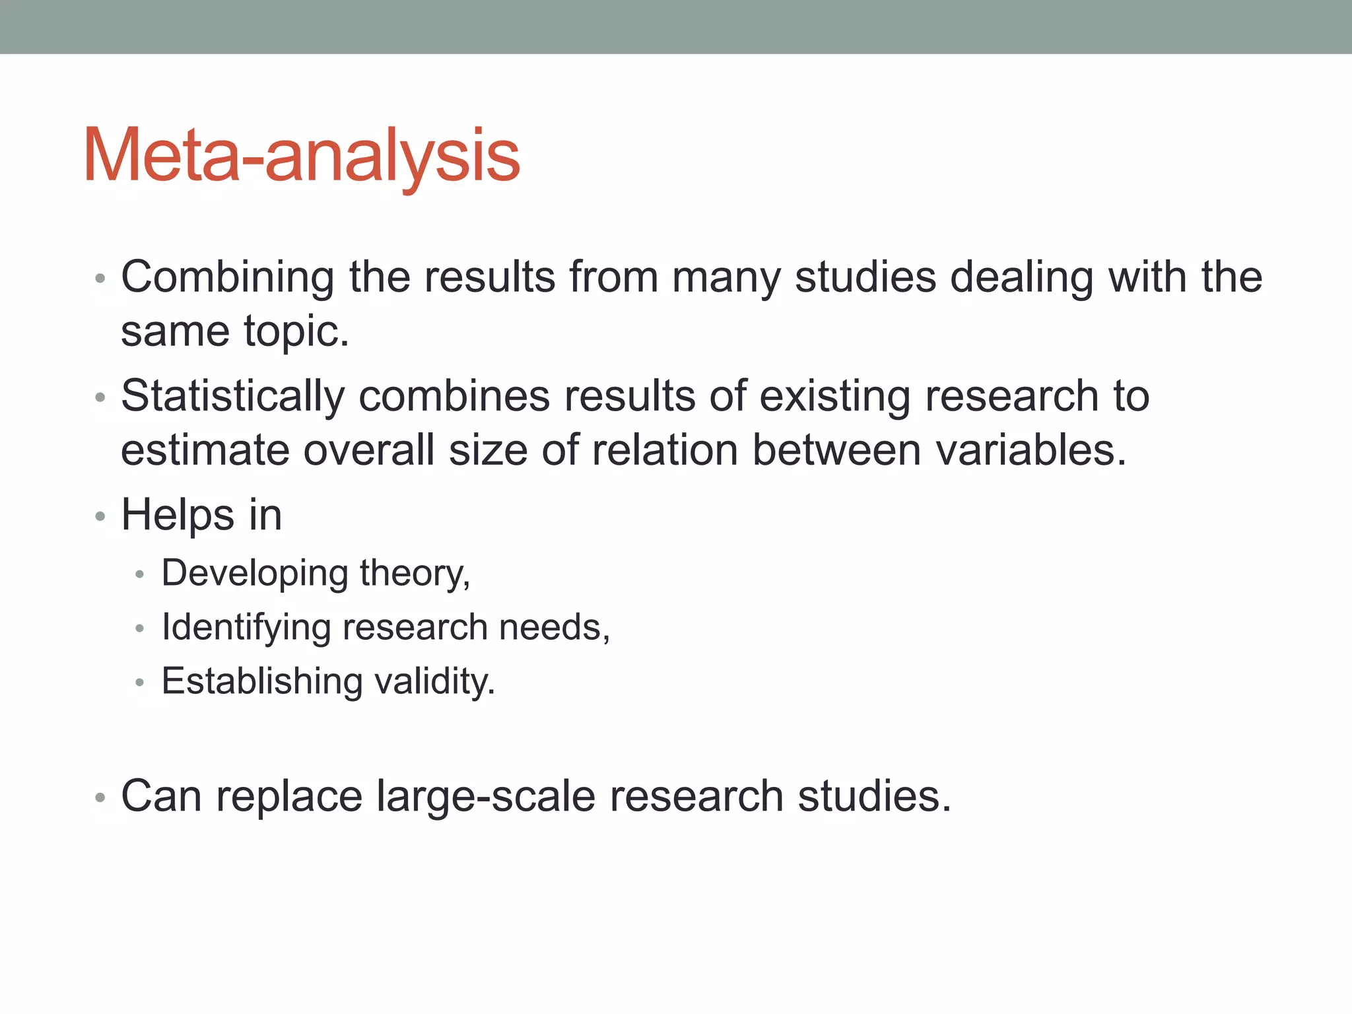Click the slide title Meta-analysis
[x=302, y=156]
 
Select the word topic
[x=296, y=331]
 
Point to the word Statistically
[x=232, y=397]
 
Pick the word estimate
[x=205, y=451]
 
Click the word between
[x=836, y=451]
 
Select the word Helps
[x=178, y=516]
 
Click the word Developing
[x=254, y=573]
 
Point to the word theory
[x=415, y=573]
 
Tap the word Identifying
[x=246, y=627]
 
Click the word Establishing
[x=262, y=681]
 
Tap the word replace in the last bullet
[x=289, y=797]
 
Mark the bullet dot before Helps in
[x=100, y=517]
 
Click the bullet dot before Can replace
[x=100, y=798]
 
